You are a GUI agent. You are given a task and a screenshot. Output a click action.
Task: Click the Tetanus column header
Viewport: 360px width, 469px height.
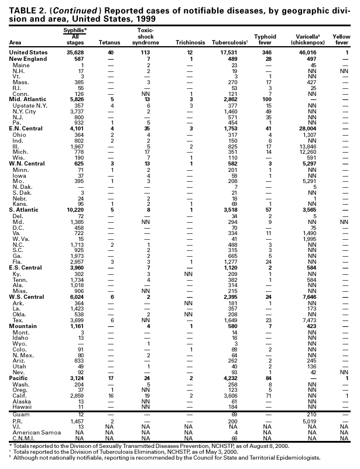(109, 43)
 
